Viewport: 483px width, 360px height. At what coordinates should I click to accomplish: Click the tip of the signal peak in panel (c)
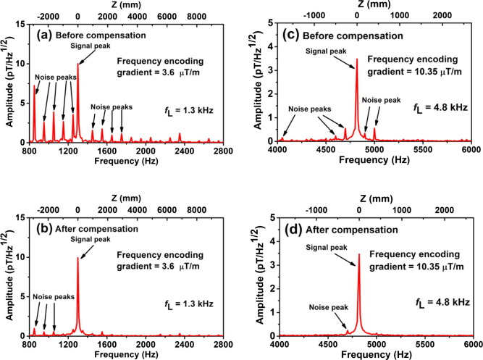356,59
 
